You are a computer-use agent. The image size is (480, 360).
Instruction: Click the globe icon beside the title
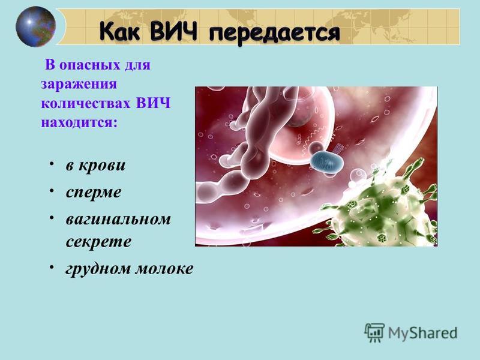pos(35,26)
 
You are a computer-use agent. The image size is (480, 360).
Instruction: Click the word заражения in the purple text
pos(79,84)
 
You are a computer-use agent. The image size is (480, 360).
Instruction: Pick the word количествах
pos(86,103)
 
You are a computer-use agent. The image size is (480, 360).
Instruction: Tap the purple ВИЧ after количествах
pos(153,103)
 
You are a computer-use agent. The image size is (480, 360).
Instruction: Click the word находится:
pos(79,122)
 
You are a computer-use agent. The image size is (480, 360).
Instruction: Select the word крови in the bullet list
pos(102,166)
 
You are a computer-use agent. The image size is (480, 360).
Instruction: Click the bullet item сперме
pos(94,193)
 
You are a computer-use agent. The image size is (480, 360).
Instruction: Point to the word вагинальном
pos(118,219)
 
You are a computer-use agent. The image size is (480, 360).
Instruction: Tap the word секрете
pos(98,242)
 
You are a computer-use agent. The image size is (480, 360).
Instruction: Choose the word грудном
pos(98,269)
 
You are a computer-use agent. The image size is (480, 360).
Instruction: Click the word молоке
pos(164,268)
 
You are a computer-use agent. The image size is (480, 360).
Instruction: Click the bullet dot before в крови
pos(52,164)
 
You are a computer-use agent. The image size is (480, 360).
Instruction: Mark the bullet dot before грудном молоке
pos(52,267)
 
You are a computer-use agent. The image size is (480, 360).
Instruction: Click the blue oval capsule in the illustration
pos(326,161)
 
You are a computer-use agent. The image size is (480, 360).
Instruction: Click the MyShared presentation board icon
pos(374,332)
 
